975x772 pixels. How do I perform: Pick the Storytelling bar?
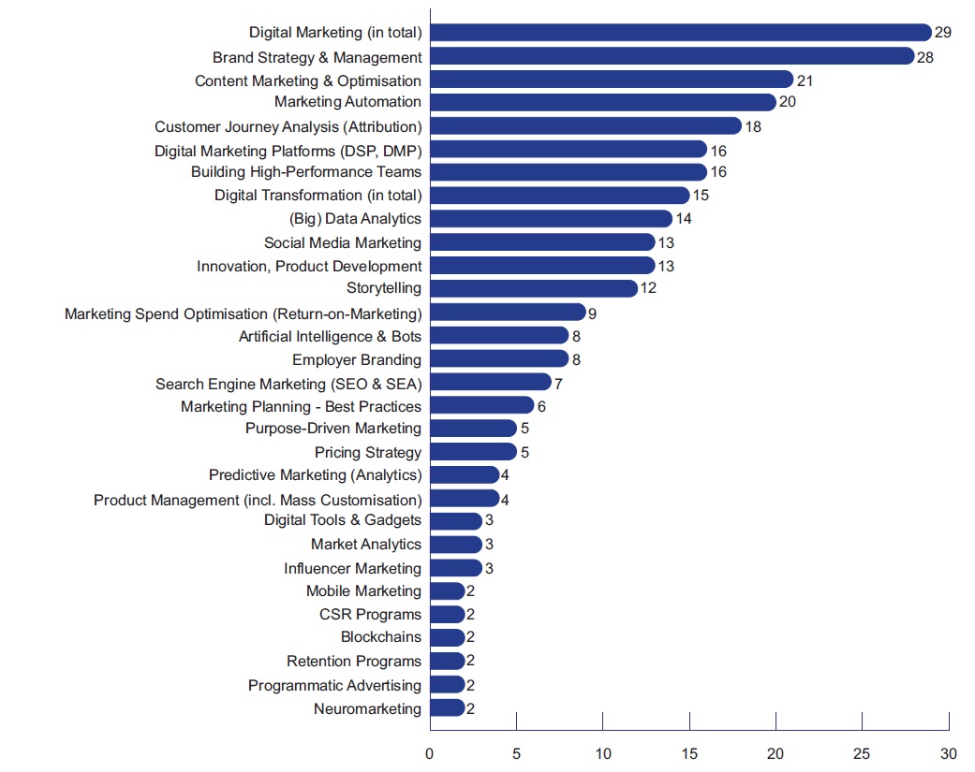pos(533,288)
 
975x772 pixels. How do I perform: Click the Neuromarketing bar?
pos(447,708)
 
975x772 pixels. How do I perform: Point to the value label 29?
pos(942,33)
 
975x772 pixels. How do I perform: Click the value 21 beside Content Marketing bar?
pos(805,80)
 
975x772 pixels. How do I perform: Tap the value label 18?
pos(752,125)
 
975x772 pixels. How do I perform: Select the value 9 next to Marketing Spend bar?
pos(592,313)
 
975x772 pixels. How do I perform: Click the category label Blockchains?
pos(381,637)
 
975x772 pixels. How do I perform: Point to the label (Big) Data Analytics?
pos(356,219)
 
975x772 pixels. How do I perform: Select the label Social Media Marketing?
pos(343,242)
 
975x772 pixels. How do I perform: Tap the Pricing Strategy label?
pos(368,452)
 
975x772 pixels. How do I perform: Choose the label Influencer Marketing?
pos(353,568)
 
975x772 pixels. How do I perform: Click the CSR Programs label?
pos(370,615)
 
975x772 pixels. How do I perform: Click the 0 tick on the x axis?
pos(429,752)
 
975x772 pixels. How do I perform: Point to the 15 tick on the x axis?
pos(689,752)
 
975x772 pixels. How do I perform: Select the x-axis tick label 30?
pos(949,752)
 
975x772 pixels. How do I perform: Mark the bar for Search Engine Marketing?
pos(490,382)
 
